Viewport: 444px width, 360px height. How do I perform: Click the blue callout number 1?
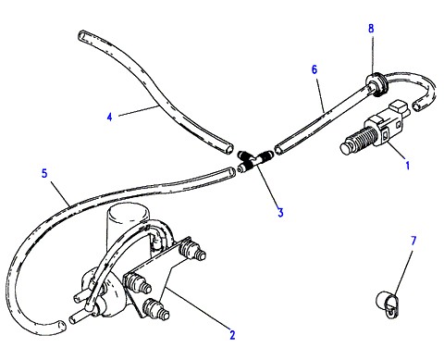(408, 166)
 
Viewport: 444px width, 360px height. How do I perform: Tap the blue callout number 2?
(232, 335)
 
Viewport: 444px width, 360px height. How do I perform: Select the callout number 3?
(280, 212)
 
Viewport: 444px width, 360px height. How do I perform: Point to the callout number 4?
(110, 117)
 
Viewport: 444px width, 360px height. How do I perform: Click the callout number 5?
(44, 173)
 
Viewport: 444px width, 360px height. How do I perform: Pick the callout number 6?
(314, 69)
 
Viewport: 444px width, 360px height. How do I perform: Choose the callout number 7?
(413, 241)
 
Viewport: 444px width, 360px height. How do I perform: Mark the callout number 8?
(371, 29)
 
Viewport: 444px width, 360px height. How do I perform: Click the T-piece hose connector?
(253, 160)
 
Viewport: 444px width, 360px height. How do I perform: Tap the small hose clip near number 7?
(388, 304)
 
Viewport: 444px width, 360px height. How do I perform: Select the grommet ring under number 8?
(376, 84)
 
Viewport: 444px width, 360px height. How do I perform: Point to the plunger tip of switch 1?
(346, 149)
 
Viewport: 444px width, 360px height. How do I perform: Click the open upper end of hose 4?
(83, 35)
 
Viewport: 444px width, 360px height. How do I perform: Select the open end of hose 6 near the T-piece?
(278, 151)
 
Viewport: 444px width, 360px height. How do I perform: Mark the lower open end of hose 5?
(61, 326)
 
